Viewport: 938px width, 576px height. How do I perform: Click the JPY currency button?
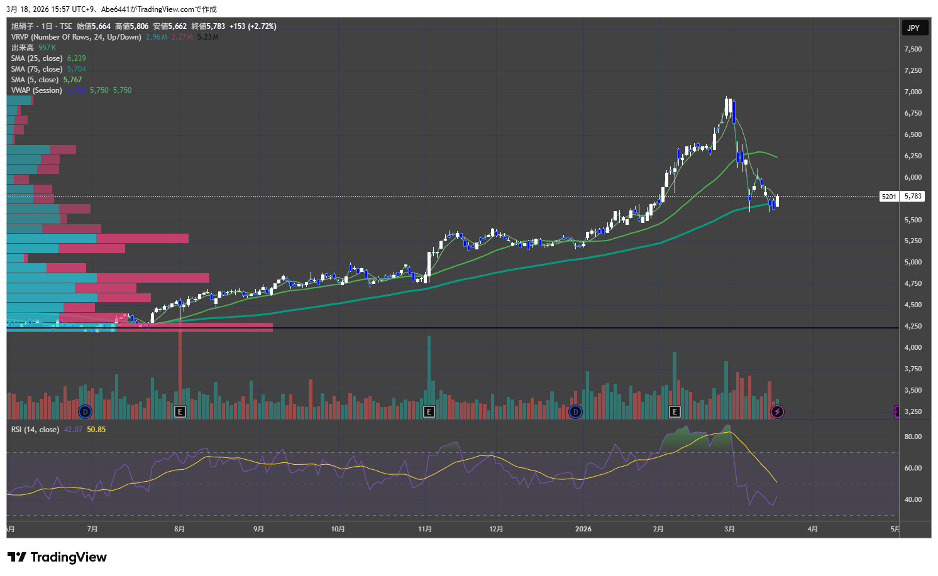point(913,28)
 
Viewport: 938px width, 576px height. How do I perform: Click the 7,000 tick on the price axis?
point(913,92)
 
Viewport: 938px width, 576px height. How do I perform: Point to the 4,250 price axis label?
point(913,326)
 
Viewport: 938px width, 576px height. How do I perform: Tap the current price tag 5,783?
point(913,197)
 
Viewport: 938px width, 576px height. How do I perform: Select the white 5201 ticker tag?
point(889,197)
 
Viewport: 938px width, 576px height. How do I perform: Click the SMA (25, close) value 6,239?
point(76,58)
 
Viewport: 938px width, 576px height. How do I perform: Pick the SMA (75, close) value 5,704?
point(76,69)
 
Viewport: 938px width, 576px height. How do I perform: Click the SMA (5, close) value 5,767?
point(72,80)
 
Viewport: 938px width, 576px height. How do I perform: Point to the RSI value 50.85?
point(96,430)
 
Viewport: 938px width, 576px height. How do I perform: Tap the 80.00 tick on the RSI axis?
point(913,437)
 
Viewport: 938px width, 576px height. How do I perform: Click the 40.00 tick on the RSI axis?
point(913,499)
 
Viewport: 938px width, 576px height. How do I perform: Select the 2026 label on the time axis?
point(583,529)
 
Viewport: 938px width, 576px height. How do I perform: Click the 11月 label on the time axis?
point(425,529)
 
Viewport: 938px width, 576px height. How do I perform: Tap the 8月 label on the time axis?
point(180,529)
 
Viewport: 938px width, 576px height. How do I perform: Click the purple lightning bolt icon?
point(777,411)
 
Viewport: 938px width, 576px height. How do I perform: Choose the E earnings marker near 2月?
point(675,411)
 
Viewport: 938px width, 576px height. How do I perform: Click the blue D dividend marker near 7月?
point(86,411)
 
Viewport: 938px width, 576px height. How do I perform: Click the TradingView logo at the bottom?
point(57,557)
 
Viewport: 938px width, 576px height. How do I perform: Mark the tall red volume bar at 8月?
point(180,371)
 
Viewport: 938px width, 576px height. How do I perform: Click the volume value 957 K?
point(47,48)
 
